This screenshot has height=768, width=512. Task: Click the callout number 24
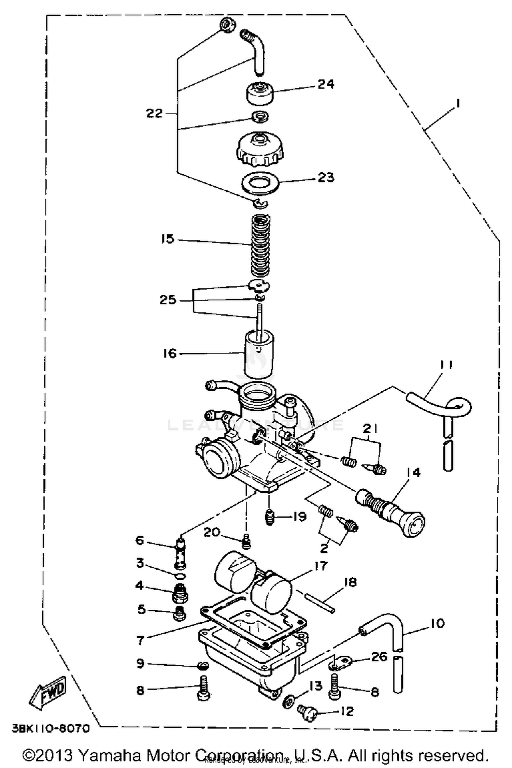[326, 84]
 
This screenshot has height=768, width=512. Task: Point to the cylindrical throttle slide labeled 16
[259, 355]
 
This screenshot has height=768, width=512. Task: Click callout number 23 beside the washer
[326, 177]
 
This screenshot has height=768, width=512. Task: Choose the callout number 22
[154, 113]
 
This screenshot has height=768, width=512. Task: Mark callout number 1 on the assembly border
[457, 103]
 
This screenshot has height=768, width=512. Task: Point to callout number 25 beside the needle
[168, 300]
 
